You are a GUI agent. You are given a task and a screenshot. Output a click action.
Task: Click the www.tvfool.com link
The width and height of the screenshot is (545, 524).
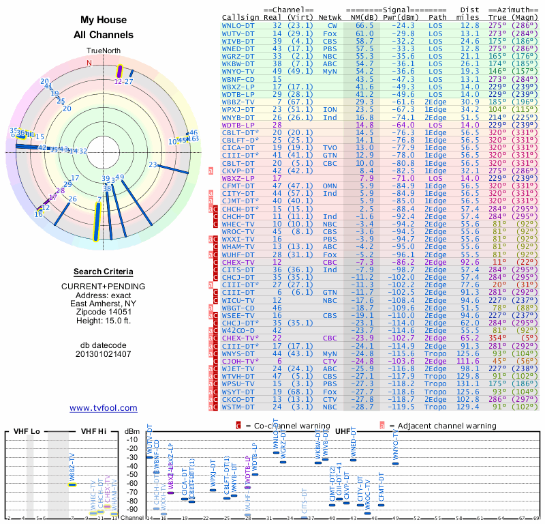point(104,408)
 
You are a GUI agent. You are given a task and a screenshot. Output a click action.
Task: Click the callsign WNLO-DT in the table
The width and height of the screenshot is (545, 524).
point(238,25)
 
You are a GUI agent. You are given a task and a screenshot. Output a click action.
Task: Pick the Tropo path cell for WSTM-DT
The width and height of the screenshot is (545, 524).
point(438,407)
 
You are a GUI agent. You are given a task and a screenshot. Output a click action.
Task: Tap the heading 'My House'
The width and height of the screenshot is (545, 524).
point(104,20)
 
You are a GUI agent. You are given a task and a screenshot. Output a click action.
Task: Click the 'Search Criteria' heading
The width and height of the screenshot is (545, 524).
point(104,272)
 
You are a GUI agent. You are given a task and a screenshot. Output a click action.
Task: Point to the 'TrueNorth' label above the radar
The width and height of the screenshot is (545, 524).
point(103,50)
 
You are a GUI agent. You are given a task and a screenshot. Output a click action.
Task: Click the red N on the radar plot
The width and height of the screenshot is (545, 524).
point(89,63)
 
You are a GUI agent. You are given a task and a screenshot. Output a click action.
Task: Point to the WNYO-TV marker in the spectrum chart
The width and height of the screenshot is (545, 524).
point(395,463)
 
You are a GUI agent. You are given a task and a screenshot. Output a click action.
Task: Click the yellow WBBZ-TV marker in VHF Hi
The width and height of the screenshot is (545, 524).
point(72,484)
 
